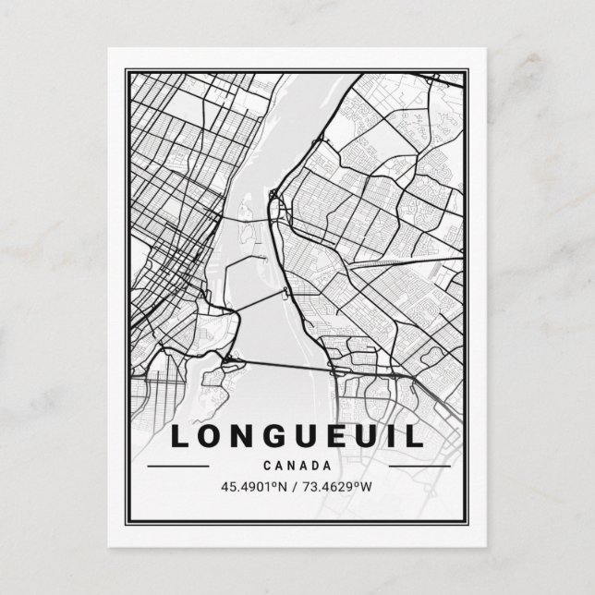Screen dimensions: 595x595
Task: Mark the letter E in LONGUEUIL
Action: click(341, 435)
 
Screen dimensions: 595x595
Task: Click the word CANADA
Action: click(297, 466)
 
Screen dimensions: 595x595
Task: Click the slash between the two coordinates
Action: click(297, 487)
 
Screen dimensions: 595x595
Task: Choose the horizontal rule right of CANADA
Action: click(419, 466)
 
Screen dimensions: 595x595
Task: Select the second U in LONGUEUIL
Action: click(370, 435)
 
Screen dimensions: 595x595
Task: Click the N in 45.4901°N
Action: click(284, 487)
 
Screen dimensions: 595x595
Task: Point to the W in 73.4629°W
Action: click(370, 487)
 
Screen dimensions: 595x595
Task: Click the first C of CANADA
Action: click(266, 466)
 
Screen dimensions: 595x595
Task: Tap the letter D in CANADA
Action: click(317, 466)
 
